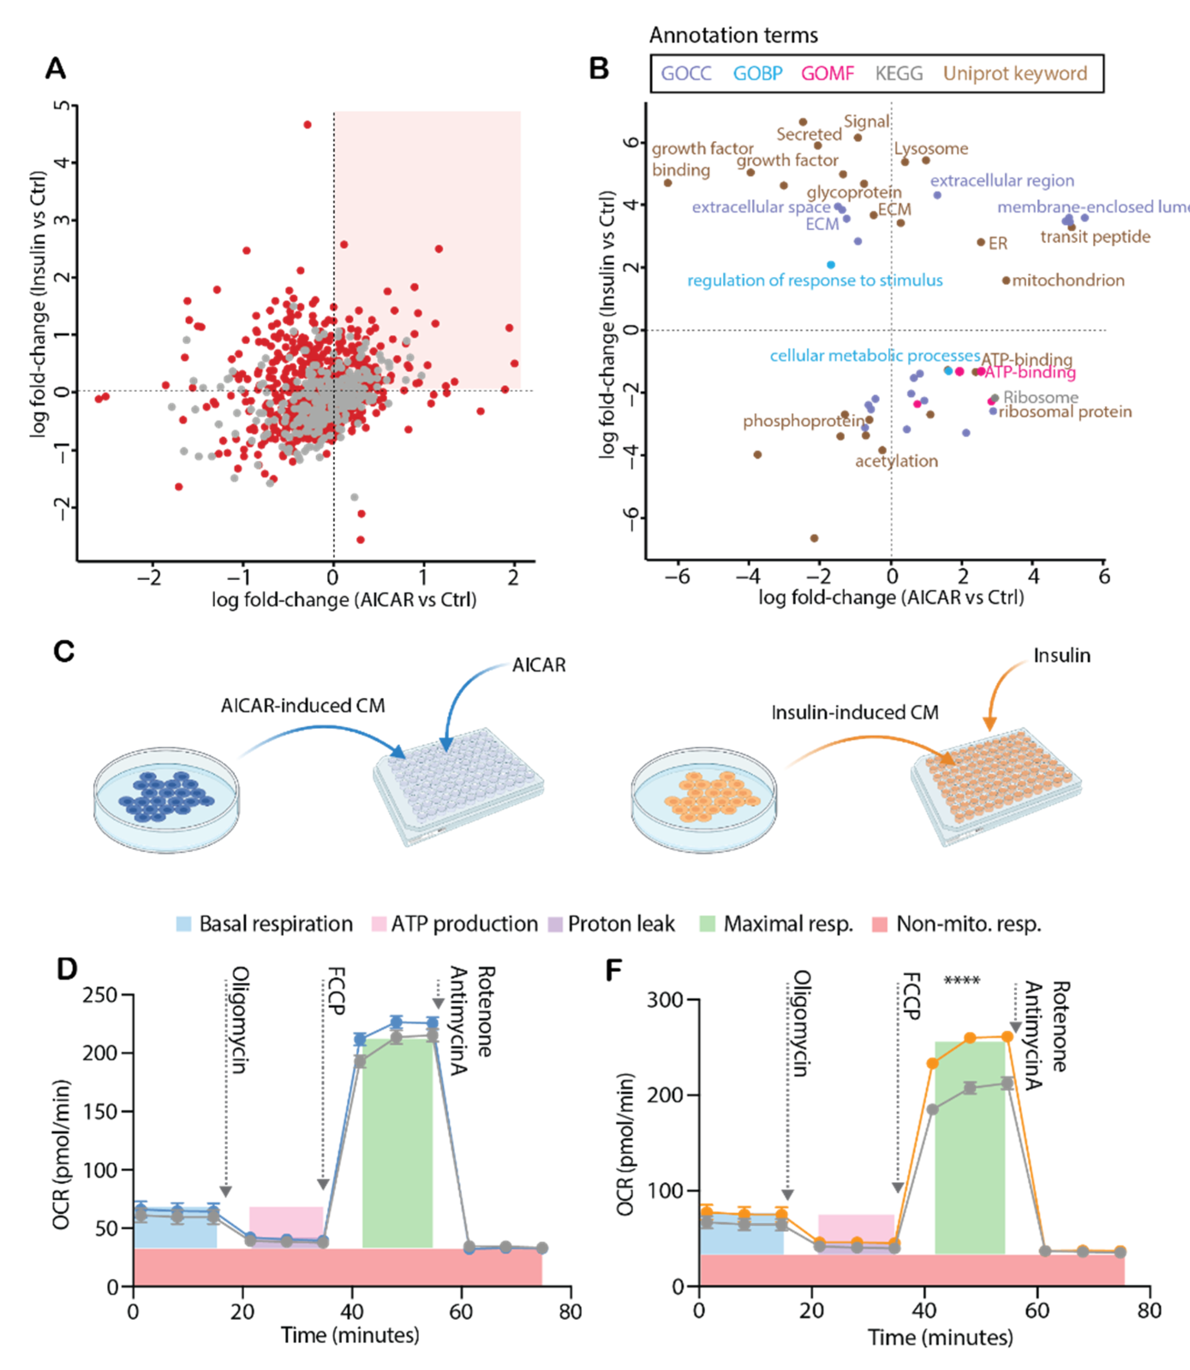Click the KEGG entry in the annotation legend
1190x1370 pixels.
click(x=898, y=73)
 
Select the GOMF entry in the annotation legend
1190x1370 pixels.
click(x=827, y=73)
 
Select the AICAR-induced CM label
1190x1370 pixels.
click(x=303, y=706)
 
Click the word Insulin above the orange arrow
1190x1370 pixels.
click(x=1061, y=656)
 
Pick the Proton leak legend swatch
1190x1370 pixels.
click(x=555, y=924)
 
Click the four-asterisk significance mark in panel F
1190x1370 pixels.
click(x=962, y=981)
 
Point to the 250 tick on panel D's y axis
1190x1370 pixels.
click(x=100, y=995)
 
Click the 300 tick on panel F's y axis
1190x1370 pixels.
click(x=666, y=1000)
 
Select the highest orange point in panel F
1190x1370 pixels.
click(x=1007, y=1037)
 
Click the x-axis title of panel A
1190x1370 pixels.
click(x=344, y=600)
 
